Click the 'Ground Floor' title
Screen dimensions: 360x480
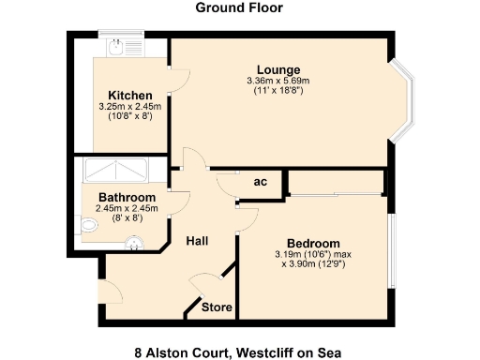click(239, 8)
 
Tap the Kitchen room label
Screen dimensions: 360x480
click(130, 96)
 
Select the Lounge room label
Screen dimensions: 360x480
click(279, 70)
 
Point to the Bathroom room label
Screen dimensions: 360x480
click(127, 197)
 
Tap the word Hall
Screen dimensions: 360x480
click(197, 241)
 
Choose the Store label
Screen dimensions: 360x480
click(217, 307)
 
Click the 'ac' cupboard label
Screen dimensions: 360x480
click(262, 182)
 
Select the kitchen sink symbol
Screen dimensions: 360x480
click(122, 51)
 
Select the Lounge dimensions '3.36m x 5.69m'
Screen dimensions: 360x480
click(278, 82)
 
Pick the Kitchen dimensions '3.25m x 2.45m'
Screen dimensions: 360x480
click(130, 107)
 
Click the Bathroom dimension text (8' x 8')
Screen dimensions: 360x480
click(125, 217)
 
